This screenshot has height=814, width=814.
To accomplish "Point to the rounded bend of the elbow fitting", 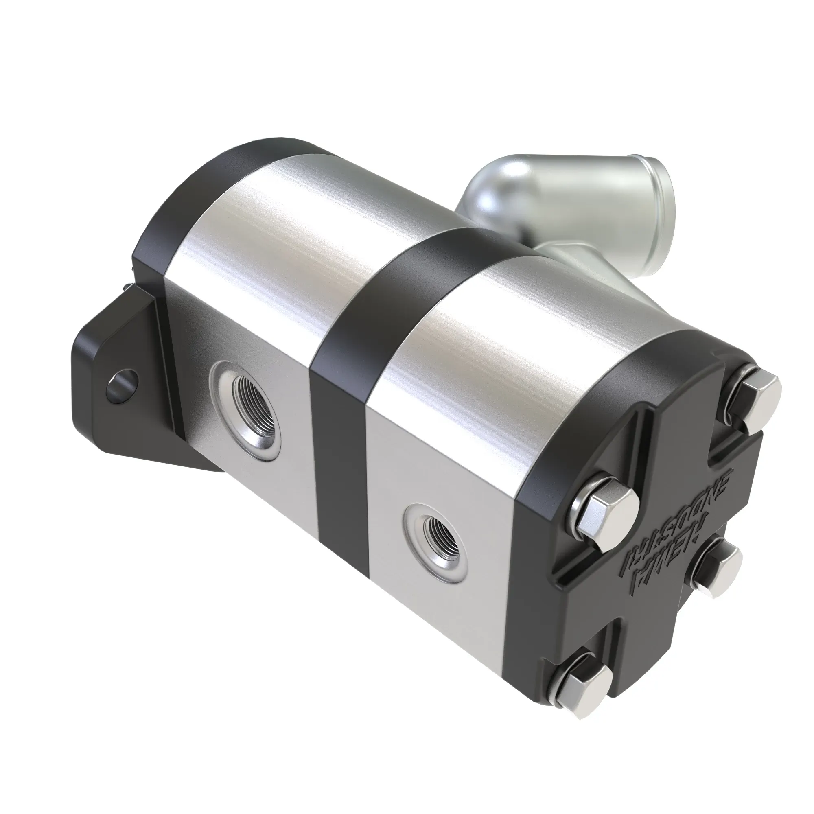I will [x=501, y=185].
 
